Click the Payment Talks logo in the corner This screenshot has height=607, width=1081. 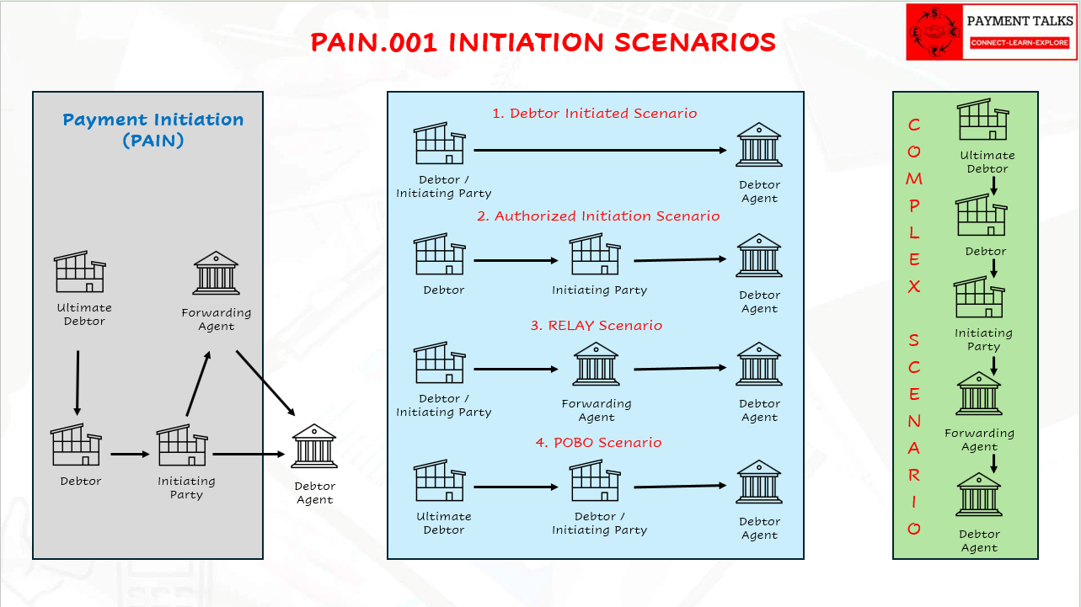991,32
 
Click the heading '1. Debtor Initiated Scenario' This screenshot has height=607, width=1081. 595,113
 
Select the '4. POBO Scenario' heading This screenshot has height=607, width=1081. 598,442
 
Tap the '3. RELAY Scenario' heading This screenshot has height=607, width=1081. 597,325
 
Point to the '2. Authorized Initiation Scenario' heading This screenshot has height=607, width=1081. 598,216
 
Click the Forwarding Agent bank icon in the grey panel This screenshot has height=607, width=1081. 217,272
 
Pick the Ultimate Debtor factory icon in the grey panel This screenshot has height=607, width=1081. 79,271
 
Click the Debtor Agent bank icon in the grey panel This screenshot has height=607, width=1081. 314,446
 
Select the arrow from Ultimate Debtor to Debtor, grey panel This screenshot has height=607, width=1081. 78,383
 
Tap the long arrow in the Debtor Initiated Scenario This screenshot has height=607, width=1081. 600,150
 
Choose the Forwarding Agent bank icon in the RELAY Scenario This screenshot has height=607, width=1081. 597,365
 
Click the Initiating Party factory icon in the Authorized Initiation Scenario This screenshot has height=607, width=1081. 596,255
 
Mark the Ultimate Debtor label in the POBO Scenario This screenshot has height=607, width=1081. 444,523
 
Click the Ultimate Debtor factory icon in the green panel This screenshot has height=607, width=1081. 983,120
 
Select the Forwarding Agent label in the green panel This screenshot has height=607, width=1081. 979,439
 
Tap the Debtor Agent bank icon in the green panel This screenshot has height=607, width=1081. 978,495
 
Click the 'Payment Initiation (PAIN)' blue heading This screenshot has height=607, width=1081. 153,130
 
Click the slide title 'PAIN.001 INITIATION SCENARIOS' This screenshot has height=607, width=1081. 543,42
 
